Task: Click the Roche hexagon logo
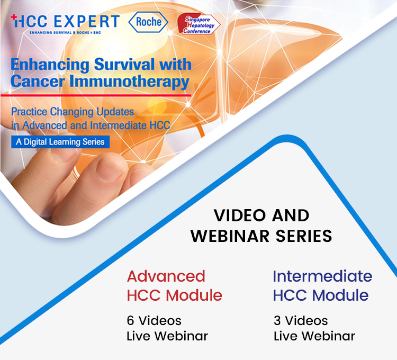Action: tap(148, 22)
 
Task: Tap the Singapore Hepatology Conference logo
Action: tap(198, 24)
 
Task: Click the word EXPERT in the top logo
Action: tap(87, 21)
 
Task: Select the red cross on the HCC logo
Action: tap(14, 17)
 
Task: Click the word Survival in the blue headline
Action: tap(124, 64)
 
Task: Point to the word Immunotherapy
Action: tap(129, 82)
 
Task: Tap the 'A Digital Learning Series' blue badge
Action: tap(60, 142)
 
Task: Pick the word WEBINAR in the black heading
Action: tap(230, 236)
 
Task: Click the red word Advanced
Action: tap(166, 276)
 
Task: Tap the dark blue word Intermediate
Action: tap(322, 276)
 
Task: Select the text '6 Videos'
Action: tap(154, 321)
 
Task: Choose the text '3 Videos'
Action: tap(301, 321)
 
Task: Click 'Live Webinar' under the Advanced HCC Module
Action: tap(167, 336)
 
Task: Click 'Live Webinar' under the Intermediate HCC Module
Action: tap(314, 336)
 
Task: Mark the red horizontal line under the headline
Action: tap(96, 95)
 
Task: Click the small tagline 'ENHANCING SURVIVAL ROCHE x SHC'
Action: tap(65, 33)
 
